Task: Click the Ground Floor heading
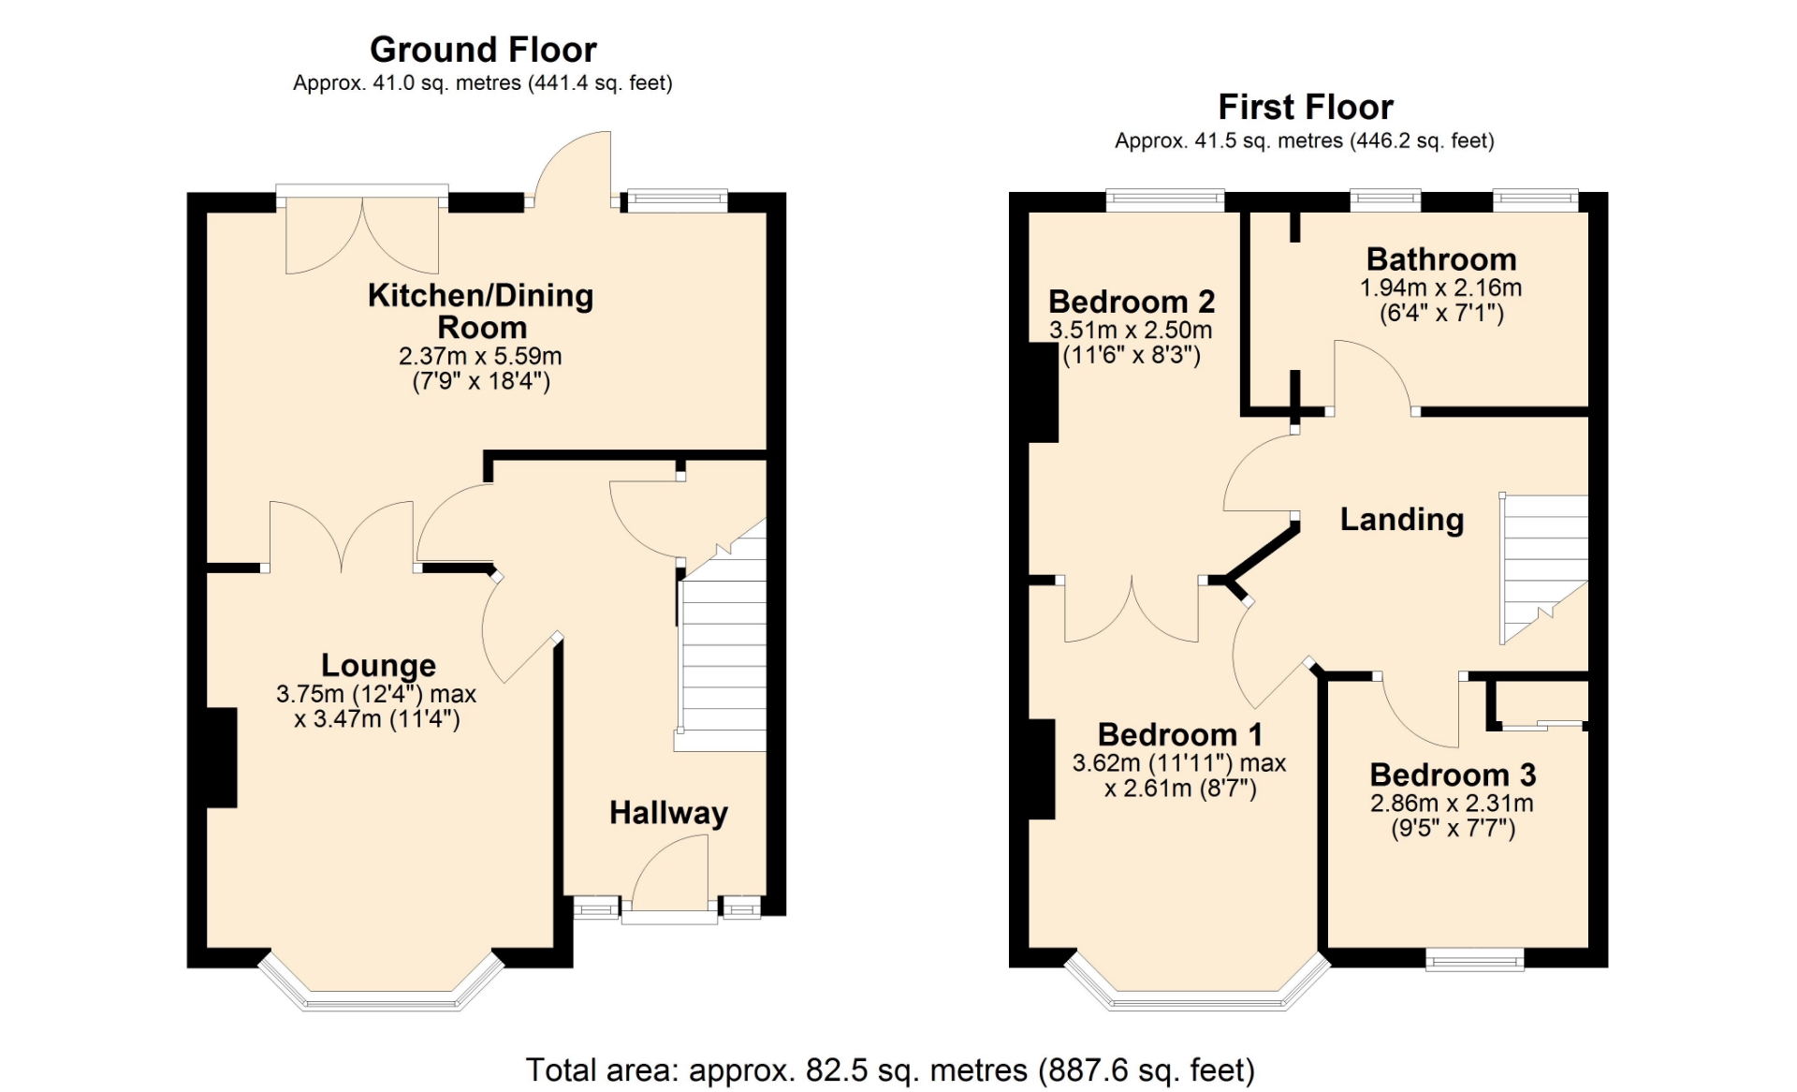pyautogui.click(x=483, y=50)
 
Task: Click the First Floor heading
pyautogui.click(x=1306, y=108)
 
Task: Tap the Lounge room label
pyautogui.click(x=378, y=665)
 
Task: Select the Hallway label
pyautogui.click(x=668, y=813)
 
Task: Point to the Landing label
pyautogui.click(x=1402, y=520)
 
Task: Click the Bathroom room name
pyautogui.click(x=1441, y=258)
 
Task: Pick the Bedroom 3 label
pyautogui.click(x=1453, y=775)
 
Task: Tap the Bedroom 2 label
pyautogui.click(x=1132, y=302)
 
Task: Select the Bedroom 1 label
pyautogui.click(x=1179, y=734)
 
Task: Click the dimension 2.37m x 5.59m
pyautogui.click(x=480, y=356)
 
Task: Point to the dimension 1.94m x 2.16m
pyautogui.click(x=1440, y=288)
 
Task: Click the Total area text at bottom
pyautogui.click(x=890, y=1070)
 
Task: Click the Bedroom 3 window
pyautogui.click(x=1475, y=959)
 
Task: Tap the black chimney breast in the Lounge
pyautogui.click(x=222, y=758)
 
